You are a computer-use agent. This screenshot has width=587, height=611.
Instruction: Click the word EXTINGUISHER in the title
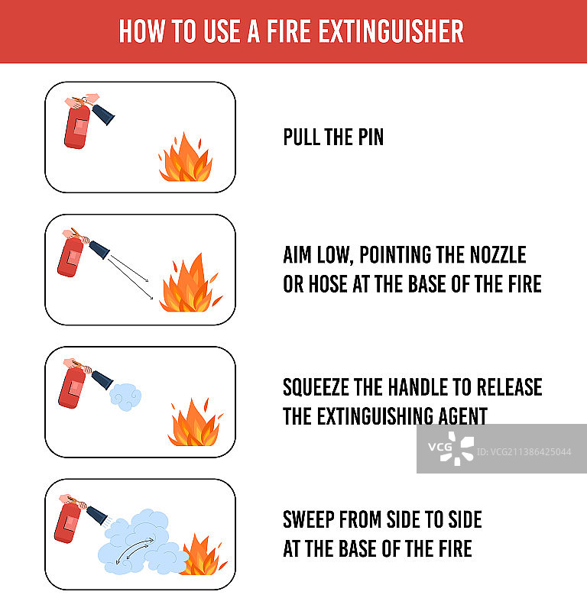391,31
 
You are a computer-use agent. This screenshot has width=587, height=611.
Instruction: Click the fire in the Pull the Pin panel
185,157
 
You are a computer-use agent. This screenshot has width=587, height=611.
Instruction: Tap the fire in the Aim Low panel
191,283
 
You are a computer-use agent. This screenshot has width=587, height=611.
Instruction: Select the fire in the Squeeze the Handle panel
195,422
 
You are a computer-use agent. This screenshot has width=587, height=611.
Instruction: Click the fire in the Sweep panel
203,554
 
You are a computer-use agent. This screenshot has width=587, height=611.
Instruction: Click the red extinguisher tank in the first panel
77,127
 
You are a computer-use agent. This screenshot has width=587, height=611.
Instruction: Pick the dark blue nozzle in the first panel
103,114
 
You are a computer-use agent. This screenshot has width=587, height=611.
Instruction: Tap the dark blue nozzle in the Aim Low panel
99,250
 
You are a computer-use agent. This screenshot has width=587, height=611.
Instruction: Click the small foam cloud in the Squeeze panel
125,396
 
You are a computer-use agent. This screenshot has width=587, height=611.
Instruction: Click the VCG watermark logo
451,448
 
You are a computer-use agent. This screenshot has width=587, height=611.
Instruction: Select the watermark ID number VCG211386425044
524,452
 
